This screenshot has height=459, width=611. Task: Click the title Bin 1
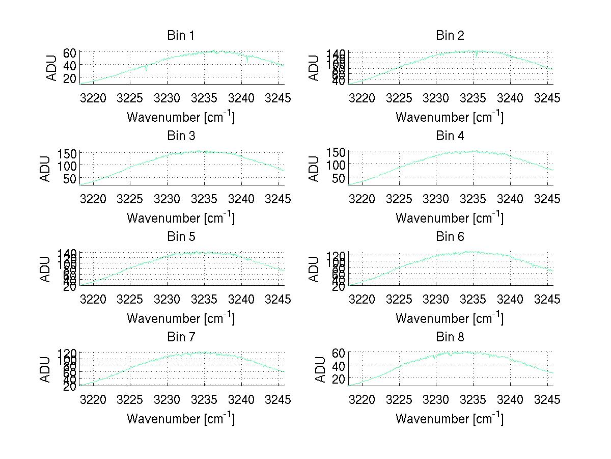click(x=181, y=36)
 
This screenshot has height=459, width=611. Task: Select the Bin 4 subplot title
click(x=450, y=136)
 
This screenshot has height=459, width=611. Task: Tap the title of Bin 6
click(x=450, y=236)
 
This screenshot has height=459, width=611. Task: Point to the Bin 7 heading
click(x=181, y=337)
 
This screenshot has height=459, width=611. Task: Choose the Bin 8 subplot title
click(x=450, y=337)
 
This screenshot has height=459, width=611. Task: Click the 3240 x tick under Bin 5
click(x=241, y=299)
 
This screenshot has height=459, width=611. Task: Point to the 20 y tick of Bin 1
click(x=70, y=77)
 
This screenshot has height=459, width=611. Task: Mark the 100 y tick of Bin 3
click(x=67, y=166)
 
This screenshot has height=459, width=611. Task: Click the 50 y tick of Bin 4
click(x=339, y=178)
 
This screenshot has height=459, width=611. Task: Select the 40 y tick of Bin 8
click(x=339, y=366)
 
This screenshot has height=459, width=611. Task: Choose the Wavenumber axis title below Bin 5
click(x=181, y=318)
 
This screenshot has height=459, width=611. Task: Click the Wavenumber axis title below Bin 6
click(x=450, y=318)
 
